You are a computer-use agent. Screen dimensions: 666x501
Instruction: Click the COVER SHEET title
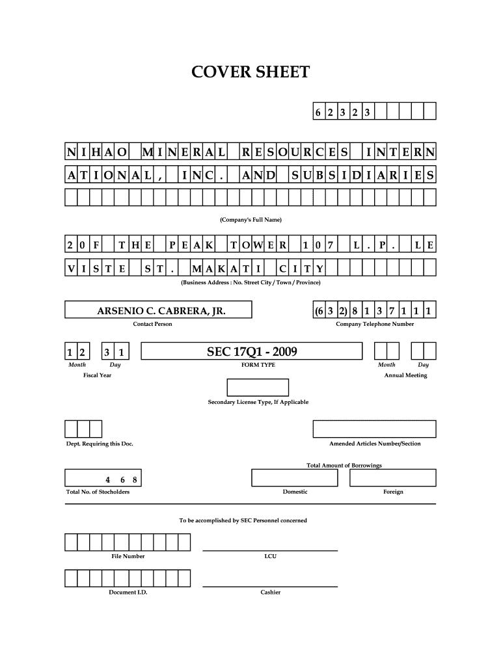point(251,72)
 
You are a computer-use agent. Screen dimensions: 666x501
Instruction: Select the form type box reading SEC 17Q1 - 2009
point(252,352)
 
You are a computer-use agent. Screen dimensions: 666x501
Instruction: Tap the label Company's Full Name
point(251,219)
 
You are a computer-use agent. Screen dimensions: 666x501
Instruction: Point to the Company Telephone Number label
point(374,324)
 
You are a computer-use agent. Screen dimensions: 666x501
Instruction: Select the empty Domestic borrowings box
point(295,478)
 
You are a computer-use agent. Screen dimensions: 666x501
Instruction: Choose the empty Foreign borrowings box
point(393,478)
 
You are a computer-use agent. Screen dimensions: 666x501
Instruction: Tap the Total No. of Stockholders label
point(98,492)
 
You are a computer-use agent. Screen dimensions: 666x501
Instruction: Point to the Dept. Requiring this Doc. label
point(100,444)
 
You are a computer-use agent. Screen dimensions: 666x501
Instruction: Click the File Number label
point(128,556)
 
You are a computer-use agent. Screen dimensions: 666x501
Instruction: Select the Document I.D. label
point(128,593)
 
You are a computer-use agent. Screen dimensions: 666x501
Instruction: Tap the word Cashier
point(270,593)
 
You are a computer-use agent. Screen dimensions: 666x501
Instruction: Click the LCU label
point(270,556)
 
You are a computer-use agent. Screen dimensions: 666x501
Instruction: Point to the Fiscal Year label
point(97,375)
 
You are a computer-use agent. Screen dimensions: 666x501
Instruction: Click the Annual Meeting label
point(405,375)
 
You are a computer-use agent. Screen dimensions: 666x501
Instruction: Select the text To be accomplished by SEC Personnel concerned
point(243,520)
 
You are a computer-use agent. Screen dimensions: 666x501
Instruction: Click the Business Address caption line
point(251,282)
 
